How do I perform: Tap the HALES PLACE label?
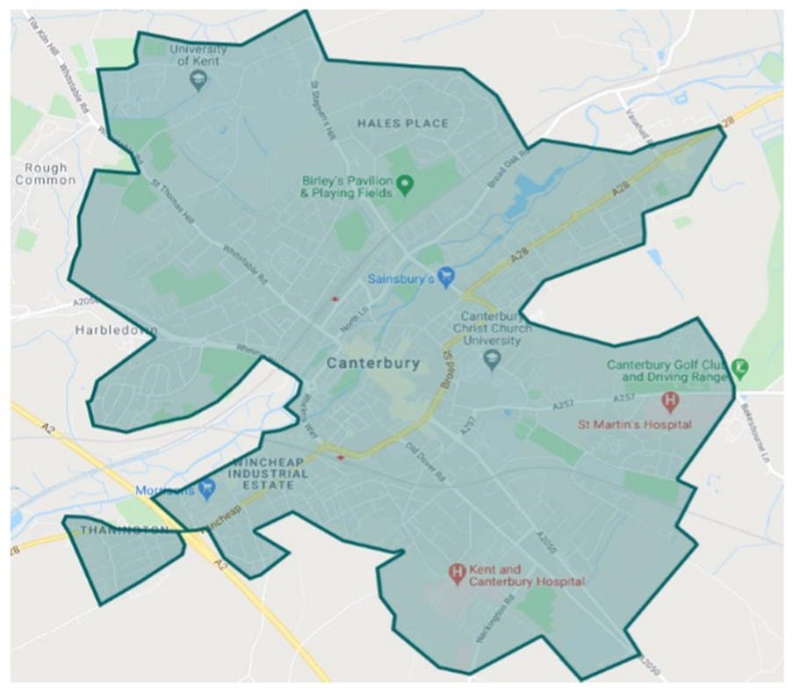[x=403, y=124]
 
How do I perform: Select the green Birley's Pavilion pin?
[x=405, y=184]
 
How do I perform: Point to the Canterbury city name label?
[x=373, y=362]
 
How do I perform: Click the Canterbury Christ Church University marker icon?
[x=492, y=358]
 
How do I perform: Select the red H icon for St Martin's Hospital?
[x=670, y=402]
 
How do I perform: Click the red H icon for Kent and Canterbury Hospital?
[x=457, y=574]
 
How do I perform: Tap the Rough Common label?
[x=40, y=173]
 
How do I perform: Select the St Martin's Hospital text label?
[x=634, y=425]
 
